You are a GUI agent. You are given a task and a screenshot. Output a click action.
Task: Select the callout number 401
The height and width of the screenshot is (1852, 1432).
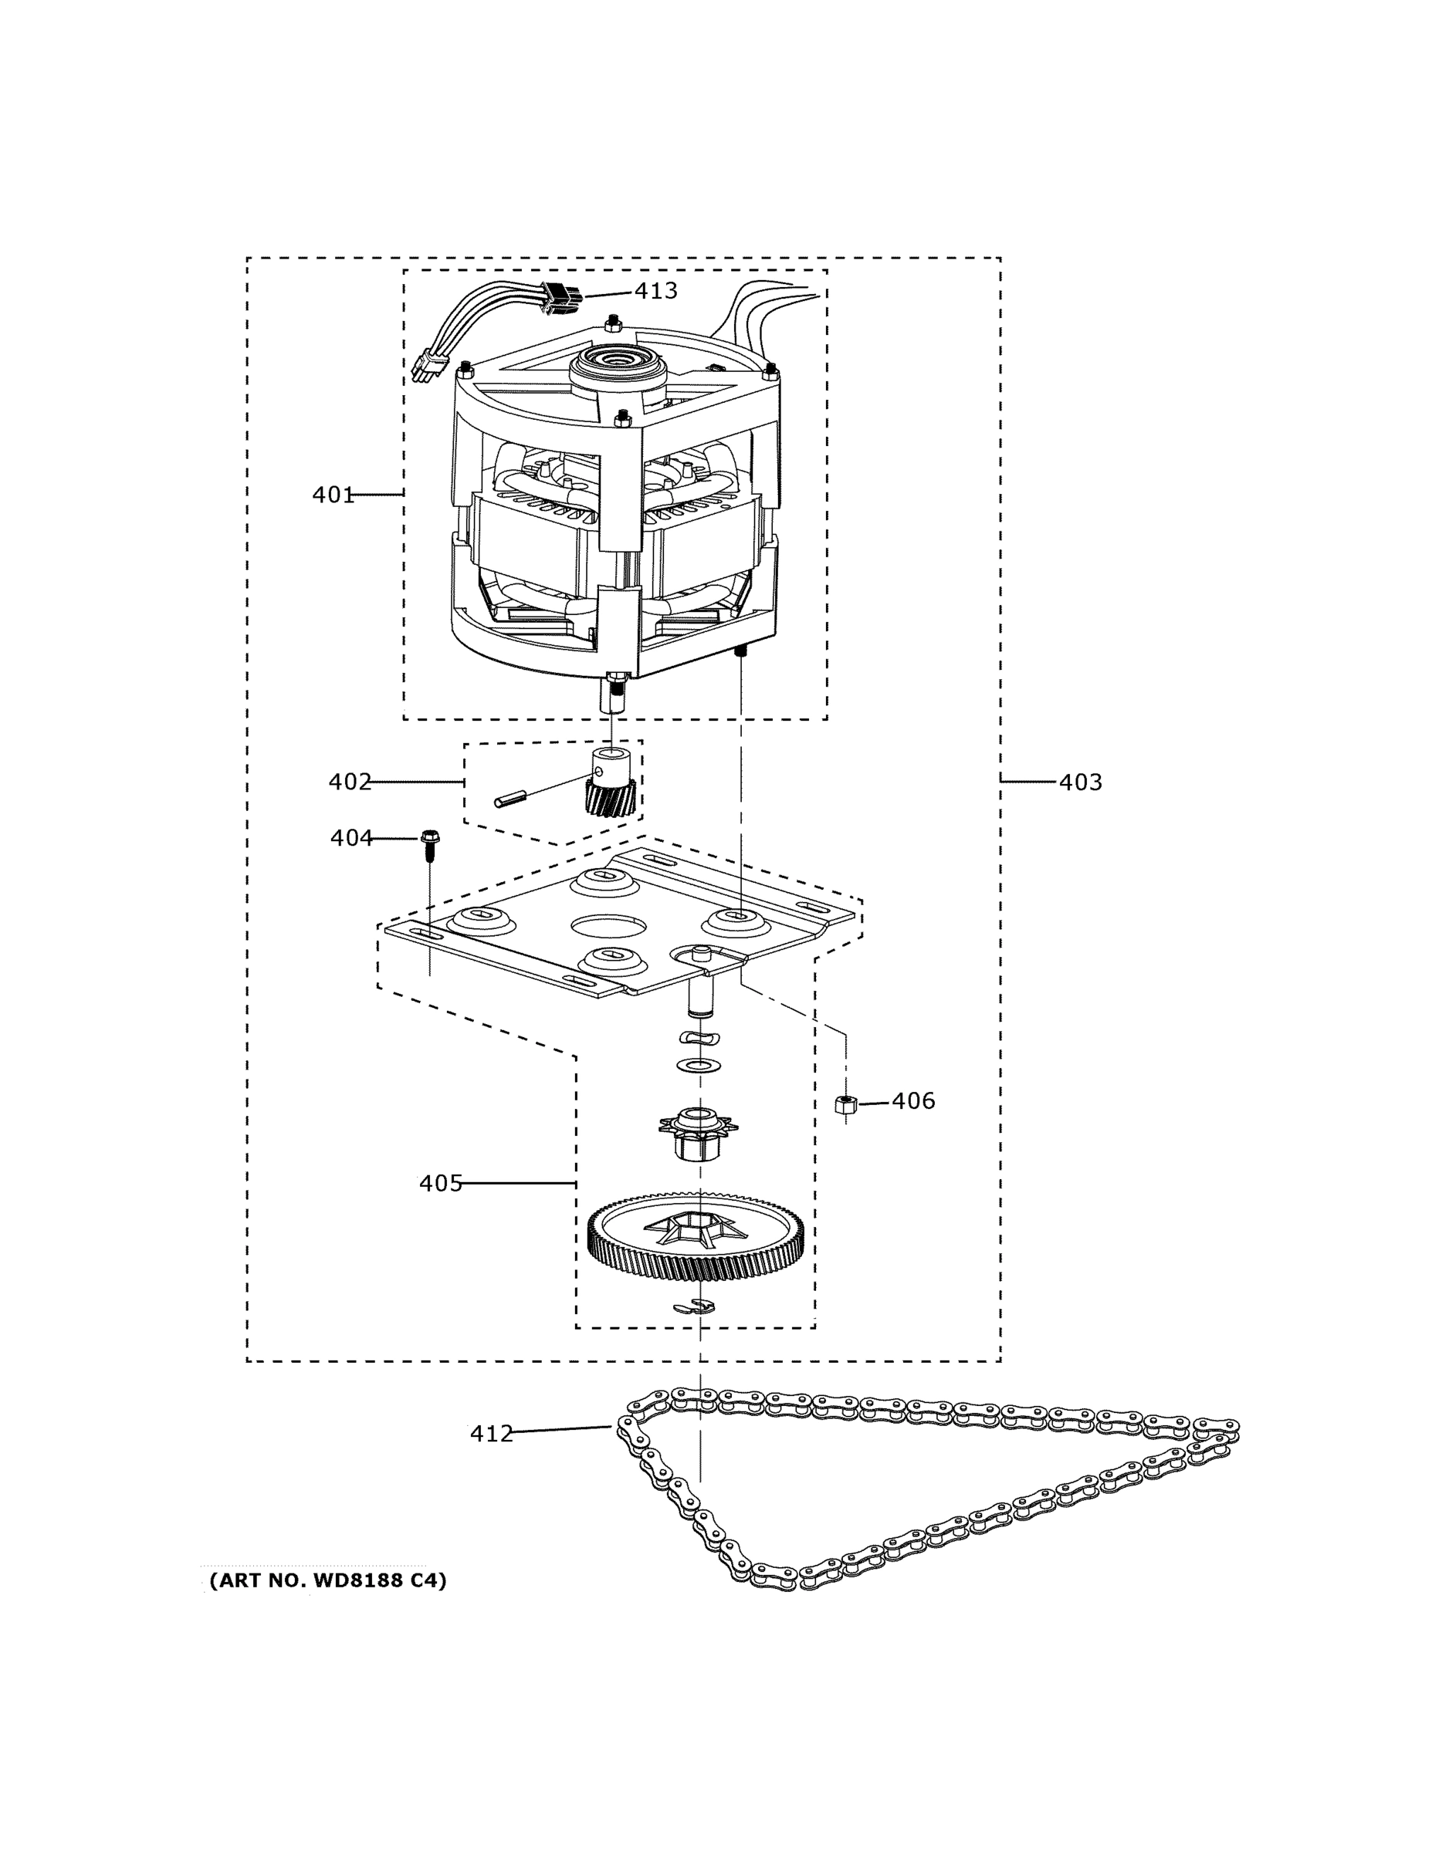click(x=333, y=495)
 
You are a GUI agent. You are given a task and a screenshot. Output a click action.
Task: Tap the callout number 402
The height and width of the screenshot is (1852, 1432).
click(x=350, y=781)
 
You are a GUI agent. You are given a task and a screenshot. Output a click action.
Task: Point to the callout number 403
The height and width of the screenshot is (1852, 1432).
click(x=1080, y=782)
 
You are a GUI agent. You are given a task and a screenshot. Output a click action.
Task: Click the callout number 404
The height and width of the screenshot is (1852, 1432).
click(x=351, y=838)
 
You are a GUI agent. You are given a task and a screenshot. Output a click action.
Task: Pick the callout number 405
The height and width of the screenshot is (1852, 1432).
click(x=440, y=1183)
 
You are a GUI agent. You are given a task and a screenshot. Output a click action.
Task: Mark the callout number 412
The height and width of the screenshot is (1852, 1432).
click(x=491, y=1434)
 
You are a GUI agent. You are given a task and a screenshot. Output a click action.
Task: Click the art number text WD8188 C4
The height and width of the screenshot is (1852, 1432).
click(x=327, y=1580)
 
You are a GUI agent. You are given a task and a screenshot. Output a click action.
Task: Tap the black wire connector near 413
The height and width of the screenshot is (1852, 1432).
click(x=559, y=297)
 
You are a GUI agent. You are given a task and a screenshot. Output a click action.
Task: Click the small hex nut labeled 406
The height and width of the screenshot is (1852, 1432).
click(x=845, y=1105)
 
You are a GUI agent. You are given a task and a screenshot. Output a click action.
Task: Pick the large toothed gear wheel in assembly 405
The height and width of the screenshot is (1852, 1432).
click(x=696, y=1242)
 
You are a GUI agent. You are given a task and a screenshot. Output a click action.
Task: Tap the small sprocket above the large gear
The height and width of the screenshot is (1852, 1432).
click(x=698, y=1132)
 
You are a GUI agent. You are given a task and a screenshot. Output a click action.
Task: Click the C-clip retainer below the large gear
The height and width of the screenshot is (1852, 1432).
click(x=694, y=1306)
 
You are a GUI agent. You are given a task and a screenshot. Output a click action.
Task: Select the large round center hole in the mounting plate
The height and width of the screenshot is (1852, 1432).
click(x=608, y=926)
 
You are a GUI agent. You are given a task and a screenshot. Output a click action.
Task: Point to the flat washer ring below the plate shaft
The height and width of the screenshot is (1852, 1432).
click(x=695, y=1065)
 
